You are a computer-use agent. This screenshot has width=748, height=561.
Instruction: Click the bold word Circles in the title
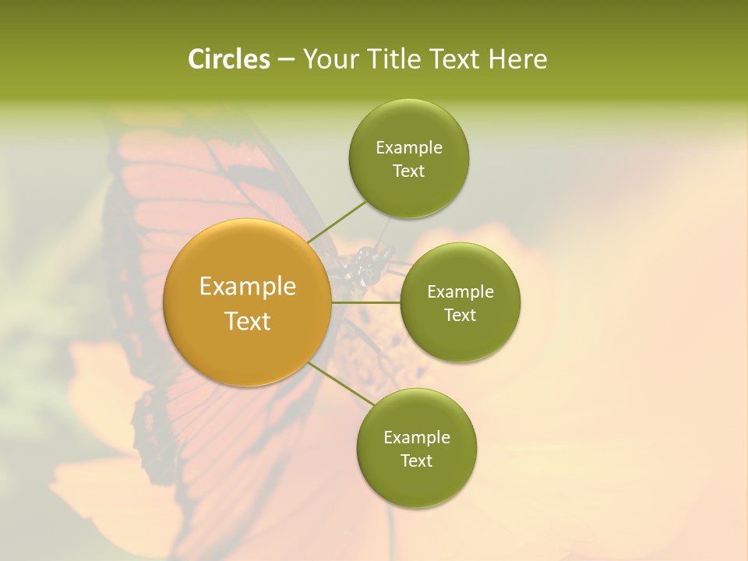click(228, 59)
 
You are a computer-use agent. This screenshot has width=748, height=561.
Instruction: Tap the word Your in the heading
click(329, 59)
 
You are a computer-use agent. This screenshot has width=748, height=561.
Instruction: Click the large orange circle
click(247, 302)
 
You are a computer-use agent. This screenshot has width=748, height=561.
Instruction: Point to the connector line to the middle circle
click(366, 302)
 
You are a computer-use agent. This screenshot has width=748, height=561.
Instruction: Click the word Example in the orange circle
click(247, 287)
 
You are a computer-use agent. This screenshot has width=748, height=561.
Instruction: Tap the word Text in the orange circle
click(247, 321)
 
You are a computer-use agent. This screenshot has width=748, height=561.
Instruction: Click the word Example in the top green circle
click(408, 148)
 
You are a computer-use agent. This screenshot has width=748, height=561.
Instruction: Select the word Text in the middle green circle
click(460, 316)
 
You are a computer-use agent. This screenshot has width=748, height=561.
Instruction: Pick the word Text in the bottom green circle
click(416, 461)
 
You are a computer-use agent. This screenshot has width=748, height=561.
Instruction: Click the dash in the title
click(286, 59)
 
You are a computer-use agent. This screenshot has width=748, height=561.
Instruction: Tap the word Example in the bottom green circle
click(416, 438)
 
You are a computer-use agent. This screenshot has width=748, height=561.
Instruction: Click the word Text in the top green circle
click(408, 171)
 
